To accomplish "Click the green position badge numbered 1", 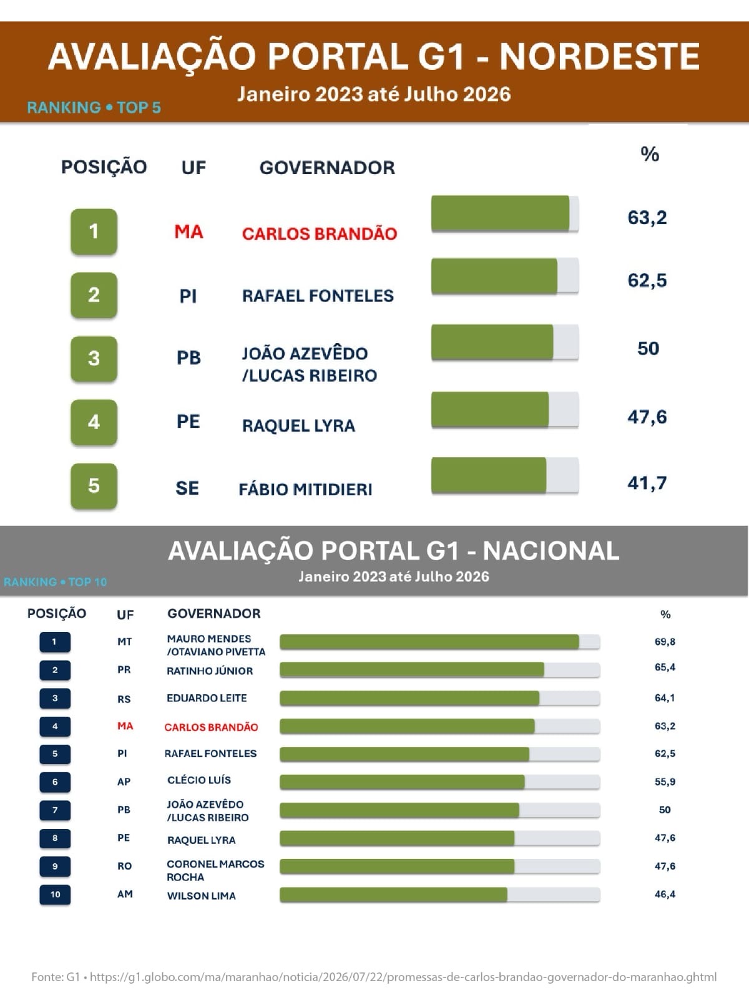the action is click(x=94, y=231).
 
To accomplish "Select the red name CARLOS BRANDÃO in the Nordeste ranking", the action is click(x=319, y=234).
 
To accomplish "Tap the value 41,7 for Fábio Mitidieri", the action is click(x=647, y=483).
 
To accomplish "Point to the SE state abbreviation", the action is click(x=187, y=488).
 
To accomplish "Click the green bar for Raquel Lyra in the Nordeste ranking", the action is click(x=490, y=410).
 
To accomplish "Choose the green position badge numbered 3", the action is click(x=94, y=358).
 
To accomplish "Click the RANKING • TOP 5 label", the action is click(x=94, y=108).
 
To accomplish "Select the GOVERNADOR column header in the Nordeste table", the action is click(x=327, y=168).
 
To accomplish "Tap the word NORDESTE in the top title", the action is click(x=600, y=57).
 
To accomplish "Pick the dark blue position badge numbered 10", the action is click(x=55, y=894).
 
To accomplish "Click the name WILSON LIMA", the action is click(x=202, y=896).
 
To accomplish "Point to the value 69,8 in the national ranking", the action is click(x=665, y=642).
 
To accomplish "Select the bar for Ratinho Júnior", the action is click(x=412, y=669).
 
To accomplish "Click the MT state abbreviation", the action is click(x=125, y=642).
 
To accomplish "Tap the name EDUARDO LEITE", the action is click(x=207, y=698).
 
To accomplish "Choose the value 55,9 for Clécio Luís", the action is click(x=665, y=782).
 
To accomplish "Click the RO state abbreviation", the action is click(x=125, y=866).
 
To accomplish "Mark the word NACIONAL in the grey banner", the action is click(x=551, y=551).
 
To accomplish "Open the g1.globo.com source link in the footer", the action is click(x=403, y=977).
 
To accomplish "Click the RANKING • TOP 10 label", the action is click(x=55, y=582).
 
